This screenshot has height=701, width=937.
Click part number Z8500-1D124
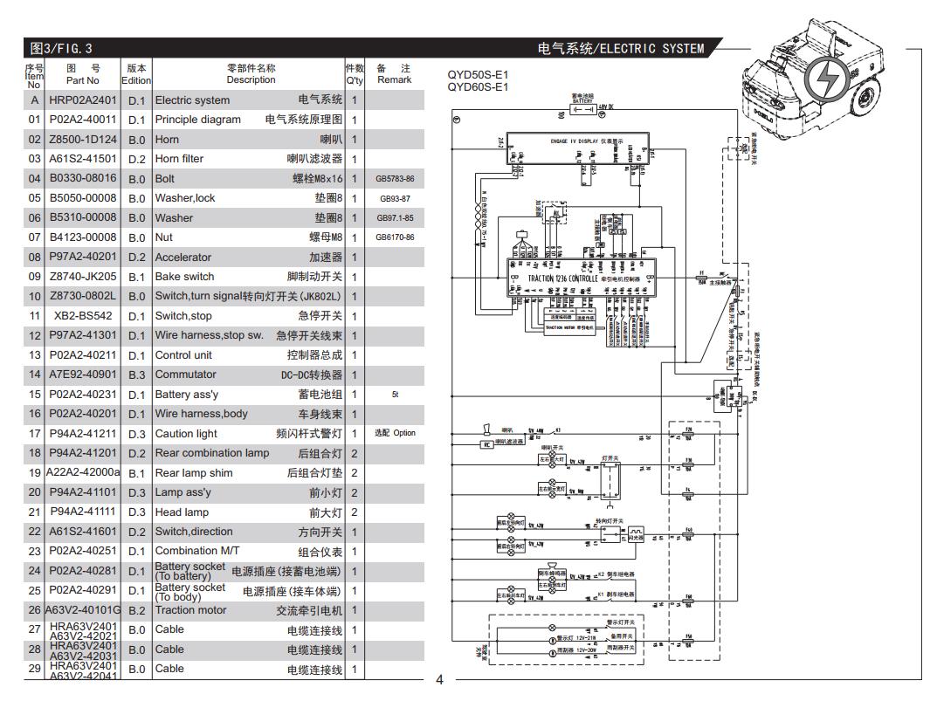pyautogui.click(x=82, y=140)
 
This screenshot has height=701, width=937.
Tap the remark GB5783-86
pyautogui.click(x=395, y=179)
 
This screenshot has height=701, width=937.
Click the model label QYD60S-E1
pyautogui.click(x=478, y=86)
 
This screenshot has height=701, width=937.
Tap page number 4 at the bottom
pyautogui.click(x=439, y=680)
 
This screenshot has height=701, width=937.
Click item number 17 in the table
pyautogui.click(x=34, y=434)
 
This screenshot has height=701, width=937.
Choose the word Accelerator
pyautogui.click(x=183, y=258)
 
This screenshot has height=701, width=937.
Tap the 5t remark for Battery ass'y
pyautogui.click(x=395, y=395)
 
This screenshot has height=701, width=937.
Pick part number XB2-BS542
pyautogui.click(x=83, y=316)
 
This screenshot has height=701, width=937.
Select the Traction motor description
pyautogui.click(x=190, y=610)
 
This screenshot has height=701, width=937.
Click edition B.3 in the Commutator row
pyautogui.click(x=137, y=375)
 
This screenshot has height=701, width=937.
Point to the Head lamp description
pyautogui.click(x=182, y=512)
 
